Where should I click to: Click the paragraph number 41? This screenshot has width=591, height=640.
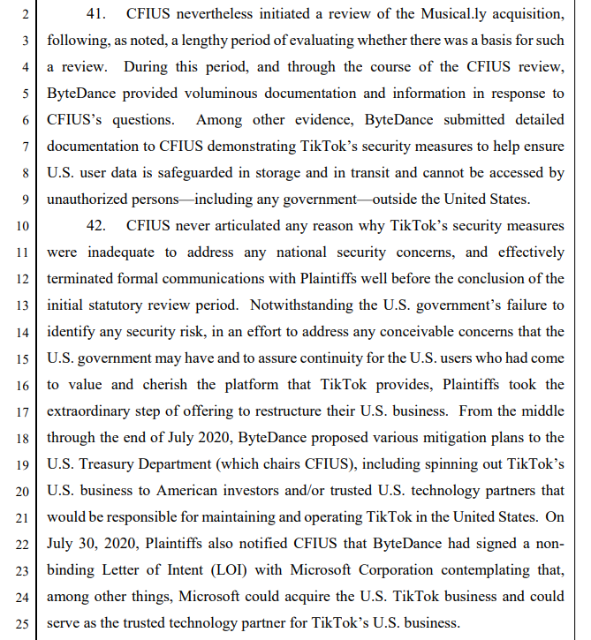pyautogui.click(x=95, y=15)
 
